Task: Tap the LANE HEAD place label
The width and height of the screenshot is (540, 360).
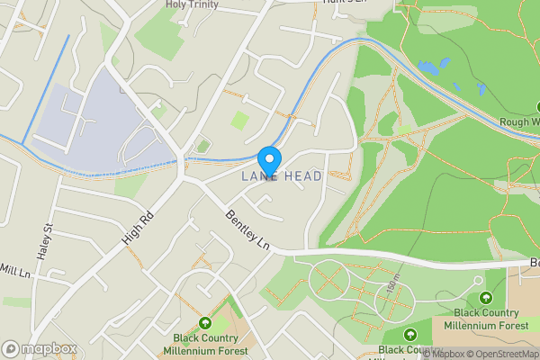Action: [281, 177]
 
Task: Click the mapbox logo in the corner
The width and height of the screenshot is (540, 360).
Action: [39, 348]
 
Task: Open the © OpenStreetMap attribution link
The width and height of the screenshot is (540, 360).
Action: [499, 354]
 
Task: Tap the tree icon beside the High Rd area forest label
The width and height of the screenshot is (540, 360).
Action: [205, 323]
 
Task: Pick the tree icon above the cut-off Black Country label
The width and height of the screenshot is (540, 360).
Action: [415, 334]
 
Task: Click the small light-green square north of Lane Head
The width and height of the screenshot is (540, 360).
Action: [239, 120]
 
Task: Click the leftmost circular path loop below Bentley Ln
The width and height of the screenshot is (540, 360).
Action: [329, 280]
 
